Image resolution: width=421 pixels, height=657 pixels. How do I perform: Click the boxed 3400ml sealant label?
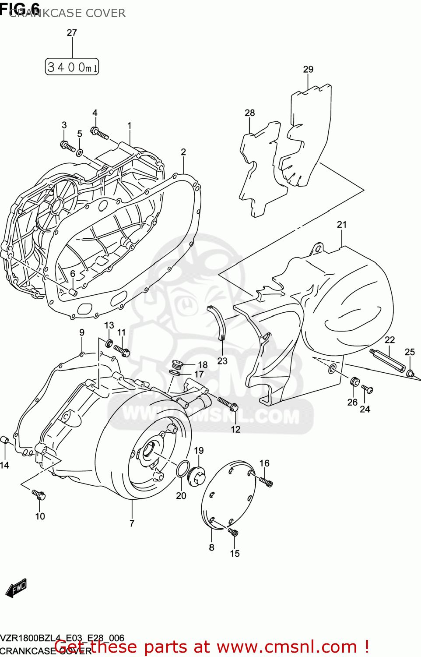[x=72, y=67]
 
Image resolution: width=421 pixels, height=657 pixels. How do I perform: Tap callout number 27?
[x=72, y=33]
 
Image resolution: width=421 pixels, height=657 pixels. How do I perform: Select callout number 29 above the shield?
[x=308, y=69]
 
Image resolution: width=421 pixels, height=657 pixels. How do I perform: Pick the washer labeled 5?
[x=80, y=152]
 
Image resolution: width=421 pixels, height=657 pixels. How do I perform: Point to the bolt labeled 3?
[x=68, y=146]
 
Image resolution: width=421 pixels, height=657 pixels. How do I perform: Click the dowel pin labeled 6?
[x=73, y=292]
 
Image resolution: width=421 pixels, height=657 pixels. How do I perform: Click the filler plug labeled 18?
[x=177, y=364]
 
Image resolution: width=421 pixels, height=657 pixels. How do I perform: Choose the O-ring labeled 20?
[x=182, y=469]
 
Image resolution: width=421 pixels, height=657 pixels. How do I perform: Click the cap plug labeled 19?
[x=196, y=476]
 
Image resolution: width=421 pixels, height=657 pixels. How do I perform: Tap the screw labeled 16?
[x=266, y=481]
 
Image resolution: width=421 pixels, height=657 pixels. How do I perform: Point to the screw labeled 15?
[x=233, y=532]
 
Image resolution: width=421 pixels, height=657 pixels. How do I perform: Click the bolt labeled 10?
[x=39, y=495]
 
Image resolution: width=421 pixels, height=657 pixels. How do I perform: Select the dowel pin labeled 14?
[x=5, y=440]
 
